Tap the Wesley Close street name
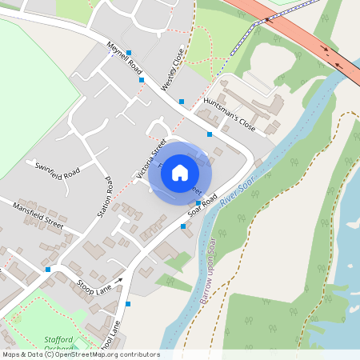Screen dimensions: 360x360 pos(173,69)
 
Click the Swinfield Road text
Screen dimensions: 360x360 pos(57,170)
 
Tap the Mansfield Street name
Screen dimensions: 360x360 pos(38,215)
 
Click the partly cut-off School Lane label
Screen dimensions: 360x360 pos(109,336)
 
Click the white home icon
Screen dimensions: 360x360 pos(180,172)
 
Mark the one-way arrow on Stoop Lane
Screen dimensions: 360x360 pos(120,279)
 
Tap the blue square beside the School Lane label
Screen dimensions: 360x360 pos(128,304)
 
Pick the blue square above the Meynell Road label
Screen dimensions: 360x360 pos(128,52)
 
